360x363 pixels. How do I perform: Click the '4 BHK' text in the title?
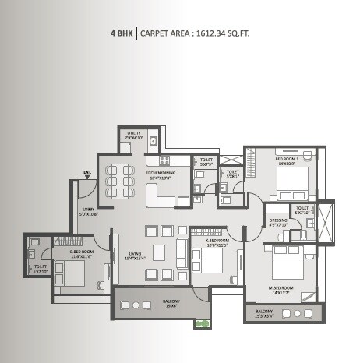pos(123,33)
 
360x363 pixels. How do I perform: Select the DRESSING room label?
pos(276,223)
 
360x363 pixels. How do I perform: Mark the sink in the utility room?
pos(154,142)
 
